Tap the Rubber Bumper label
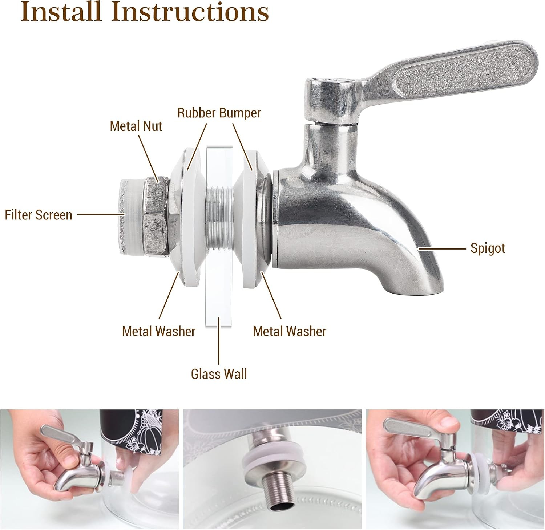pos(219,113)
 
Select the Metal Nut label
pos(136,126)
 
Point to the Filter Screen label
pos(39,215)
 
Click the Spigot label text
pos(488,248)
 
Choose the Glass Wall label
pos(219,374)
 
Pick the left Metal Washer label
pos(158,331)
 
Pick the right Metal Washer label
pos(290,331)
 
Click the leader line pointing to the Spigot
pos(441,249)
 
